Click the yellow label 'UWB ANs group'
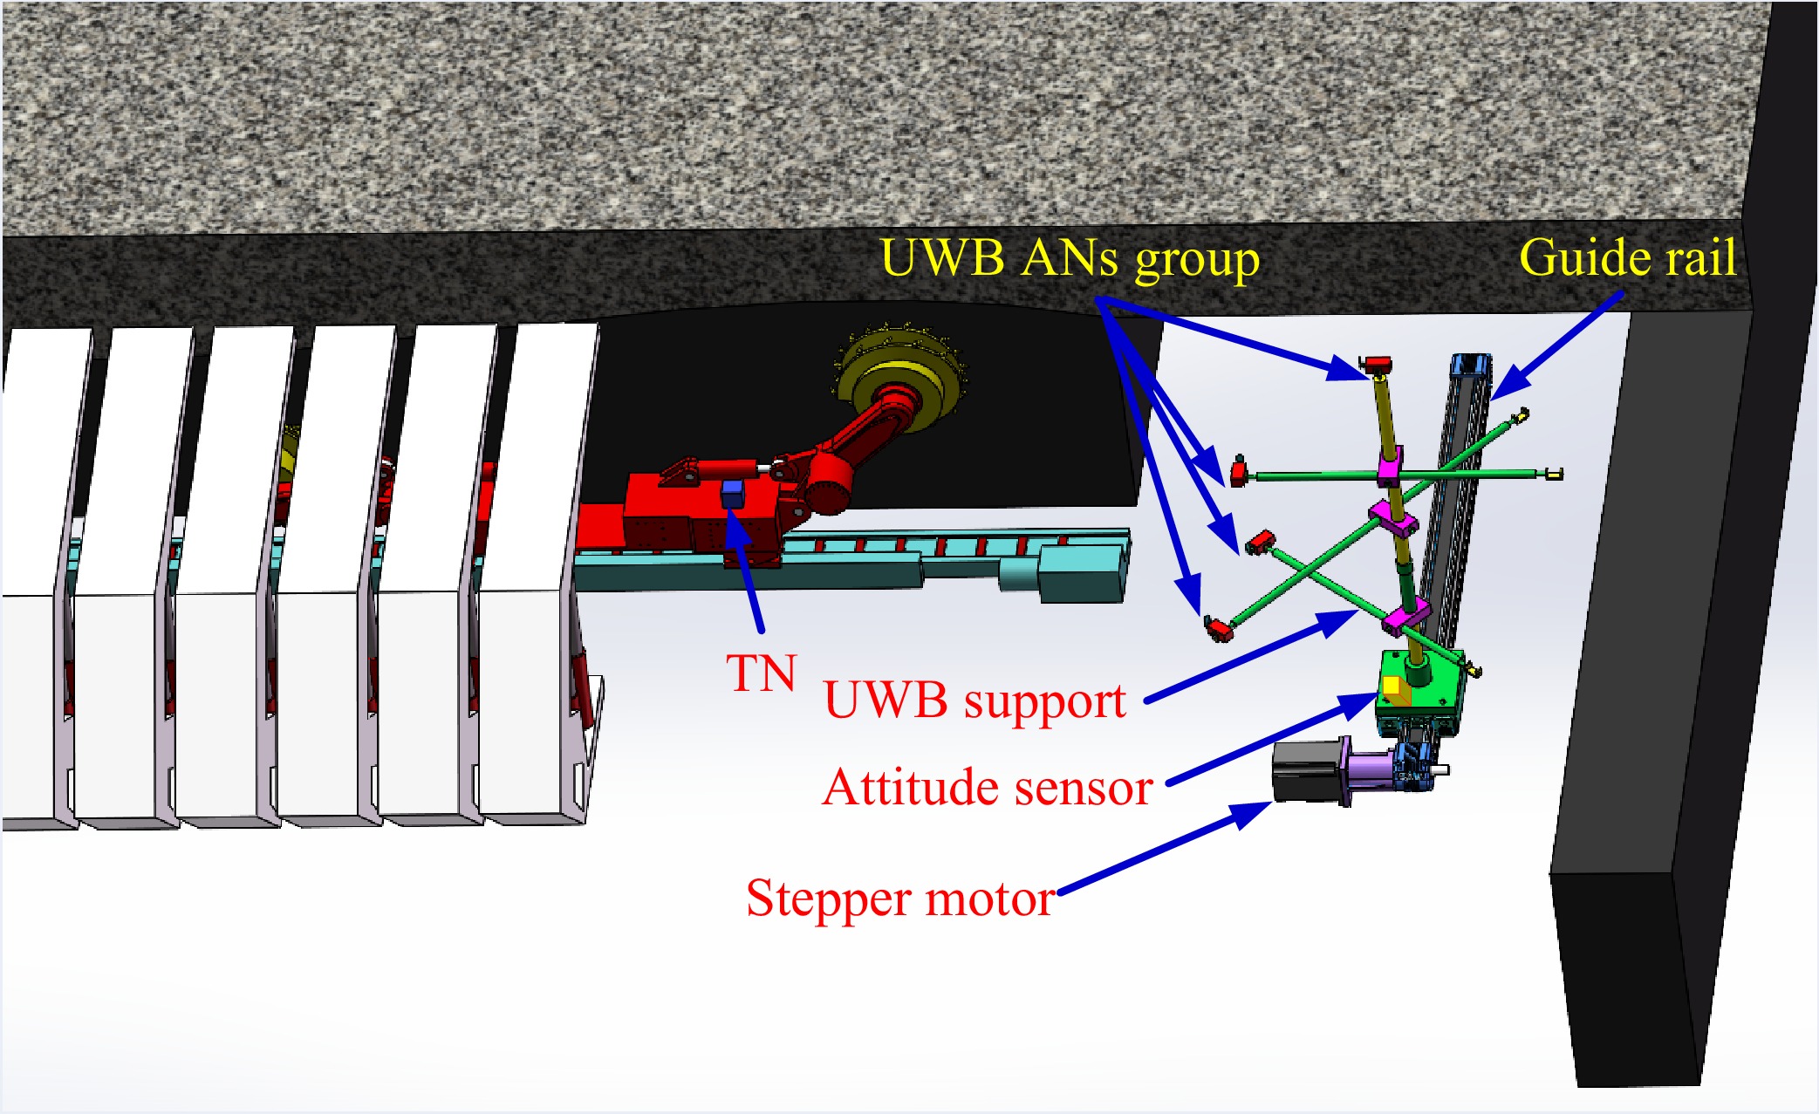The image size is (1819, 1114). click(x=1070, y=259)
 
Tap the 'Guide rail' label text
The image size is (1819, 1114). click(x=1627, y=258)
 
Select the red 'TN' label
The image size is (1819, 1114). click(x=762, y=673)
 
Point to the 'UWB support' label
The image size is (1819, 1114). click(x=974, y=701)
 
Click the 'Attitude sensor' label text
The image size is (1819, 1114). click(x=988, y=788)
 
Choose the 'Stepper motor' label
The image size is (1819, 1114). click(x=900, y=899)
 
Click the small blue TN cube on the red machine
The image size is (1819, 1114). click(x=732, y=493)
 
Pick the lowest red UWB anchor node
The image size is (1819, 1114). click(x=1218, y=627)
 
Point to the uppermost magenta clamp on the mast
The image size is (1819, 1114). click(x=1390, y=466)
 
